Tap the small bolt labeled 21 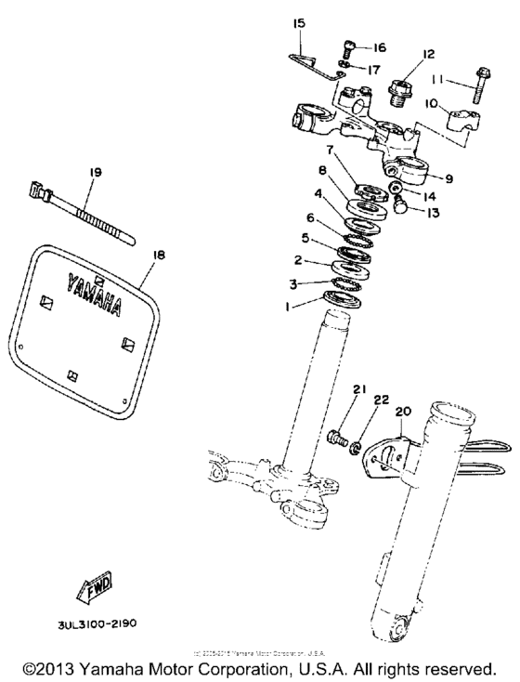tap(338, 435)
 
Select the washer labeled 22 tap(355, 448)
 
